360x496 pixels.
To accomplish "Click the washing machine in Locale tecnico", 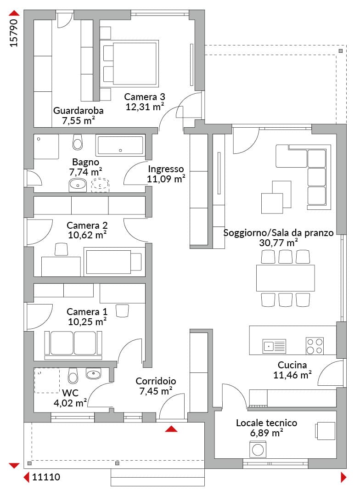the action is click(x=258, y=450).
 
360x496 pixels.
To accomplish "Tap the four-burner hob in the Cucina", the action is click(x=315, y=346).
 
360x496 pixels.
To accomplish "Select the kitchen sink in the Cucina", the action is click(x=274, y=346).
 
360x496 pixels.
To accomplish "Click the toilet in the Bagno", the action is click(x=78, y=142).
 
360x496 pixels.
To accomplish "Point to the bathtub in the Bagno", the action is click(x=120, y=146).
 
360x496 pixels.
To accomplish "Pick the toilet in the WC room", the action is click(x=73, y=376).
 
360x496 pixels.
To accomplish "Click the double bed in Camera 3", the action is click(x=129, y=64).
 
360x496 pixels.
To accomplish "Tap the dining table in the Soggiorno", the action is click(x=285, y=278).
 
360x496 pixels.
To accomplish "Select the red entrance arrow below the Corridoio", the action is click(x=171, y=428).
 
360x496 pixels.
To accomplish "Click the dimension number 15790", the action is click(x=14, y=33).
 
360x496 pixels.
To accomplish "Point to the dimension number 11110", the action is click(x=46, y=477).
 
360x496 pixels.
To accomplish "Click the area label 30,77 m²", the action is click(x=278, y=242).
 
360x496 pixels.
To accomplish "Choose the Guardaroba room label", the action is click(x=78, y=110).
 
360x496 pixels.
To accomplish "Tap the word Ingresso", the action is click(x=166, y=169).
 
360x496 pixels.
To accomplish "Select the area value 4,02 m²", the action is click(x=70, y=403).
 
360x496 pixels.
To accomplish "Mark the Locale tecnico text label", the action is click(x=266, y=423).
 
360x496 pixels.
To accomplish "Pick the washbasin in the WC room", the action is click(x=93, y=374).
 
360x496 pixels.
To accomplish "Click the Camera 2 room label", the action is click(x=87, y=225).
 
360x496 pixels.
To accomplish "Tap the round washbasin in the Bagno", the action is click(x=78, y=185).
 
